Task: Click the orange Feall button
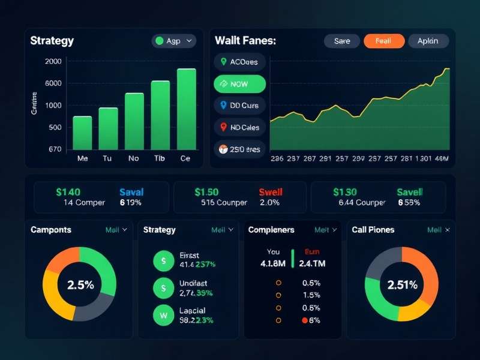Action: point(383,41)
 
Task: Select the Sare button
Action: point(342,41)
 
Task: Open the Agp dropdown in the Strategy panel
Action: point(174,41)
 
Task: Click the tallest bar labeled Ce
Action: point(187,109)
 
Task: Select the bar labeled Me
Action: point(82,133)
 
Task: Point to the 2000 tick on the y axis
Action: point(53,61)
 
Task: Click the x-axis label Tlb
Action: point(160,159)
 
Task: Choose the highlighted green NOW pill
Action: point(239,84)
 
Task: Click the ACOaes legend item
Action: point(239,61)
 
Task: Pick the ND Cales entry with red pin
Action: point(239,127)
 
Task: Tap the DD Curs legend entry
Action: point(239,106)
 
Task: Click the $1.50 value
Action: point(207,192)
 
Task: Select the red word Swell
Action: point(271,192)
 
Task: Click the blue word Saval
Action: point(131,192)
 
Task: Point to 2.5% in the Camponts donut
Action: point(80,285)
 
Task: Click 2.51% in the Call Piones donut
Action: point(401,285)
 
